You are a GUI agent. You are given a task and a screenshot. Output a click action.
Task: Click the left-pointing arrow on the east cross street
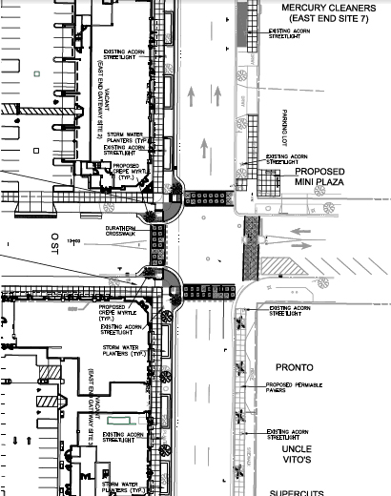pyautogui.click(x=298, y=232)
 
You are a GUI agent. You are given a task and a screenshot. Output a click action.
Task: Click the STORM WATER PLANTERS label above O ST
pyautogui.click(x=126, y=134)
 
